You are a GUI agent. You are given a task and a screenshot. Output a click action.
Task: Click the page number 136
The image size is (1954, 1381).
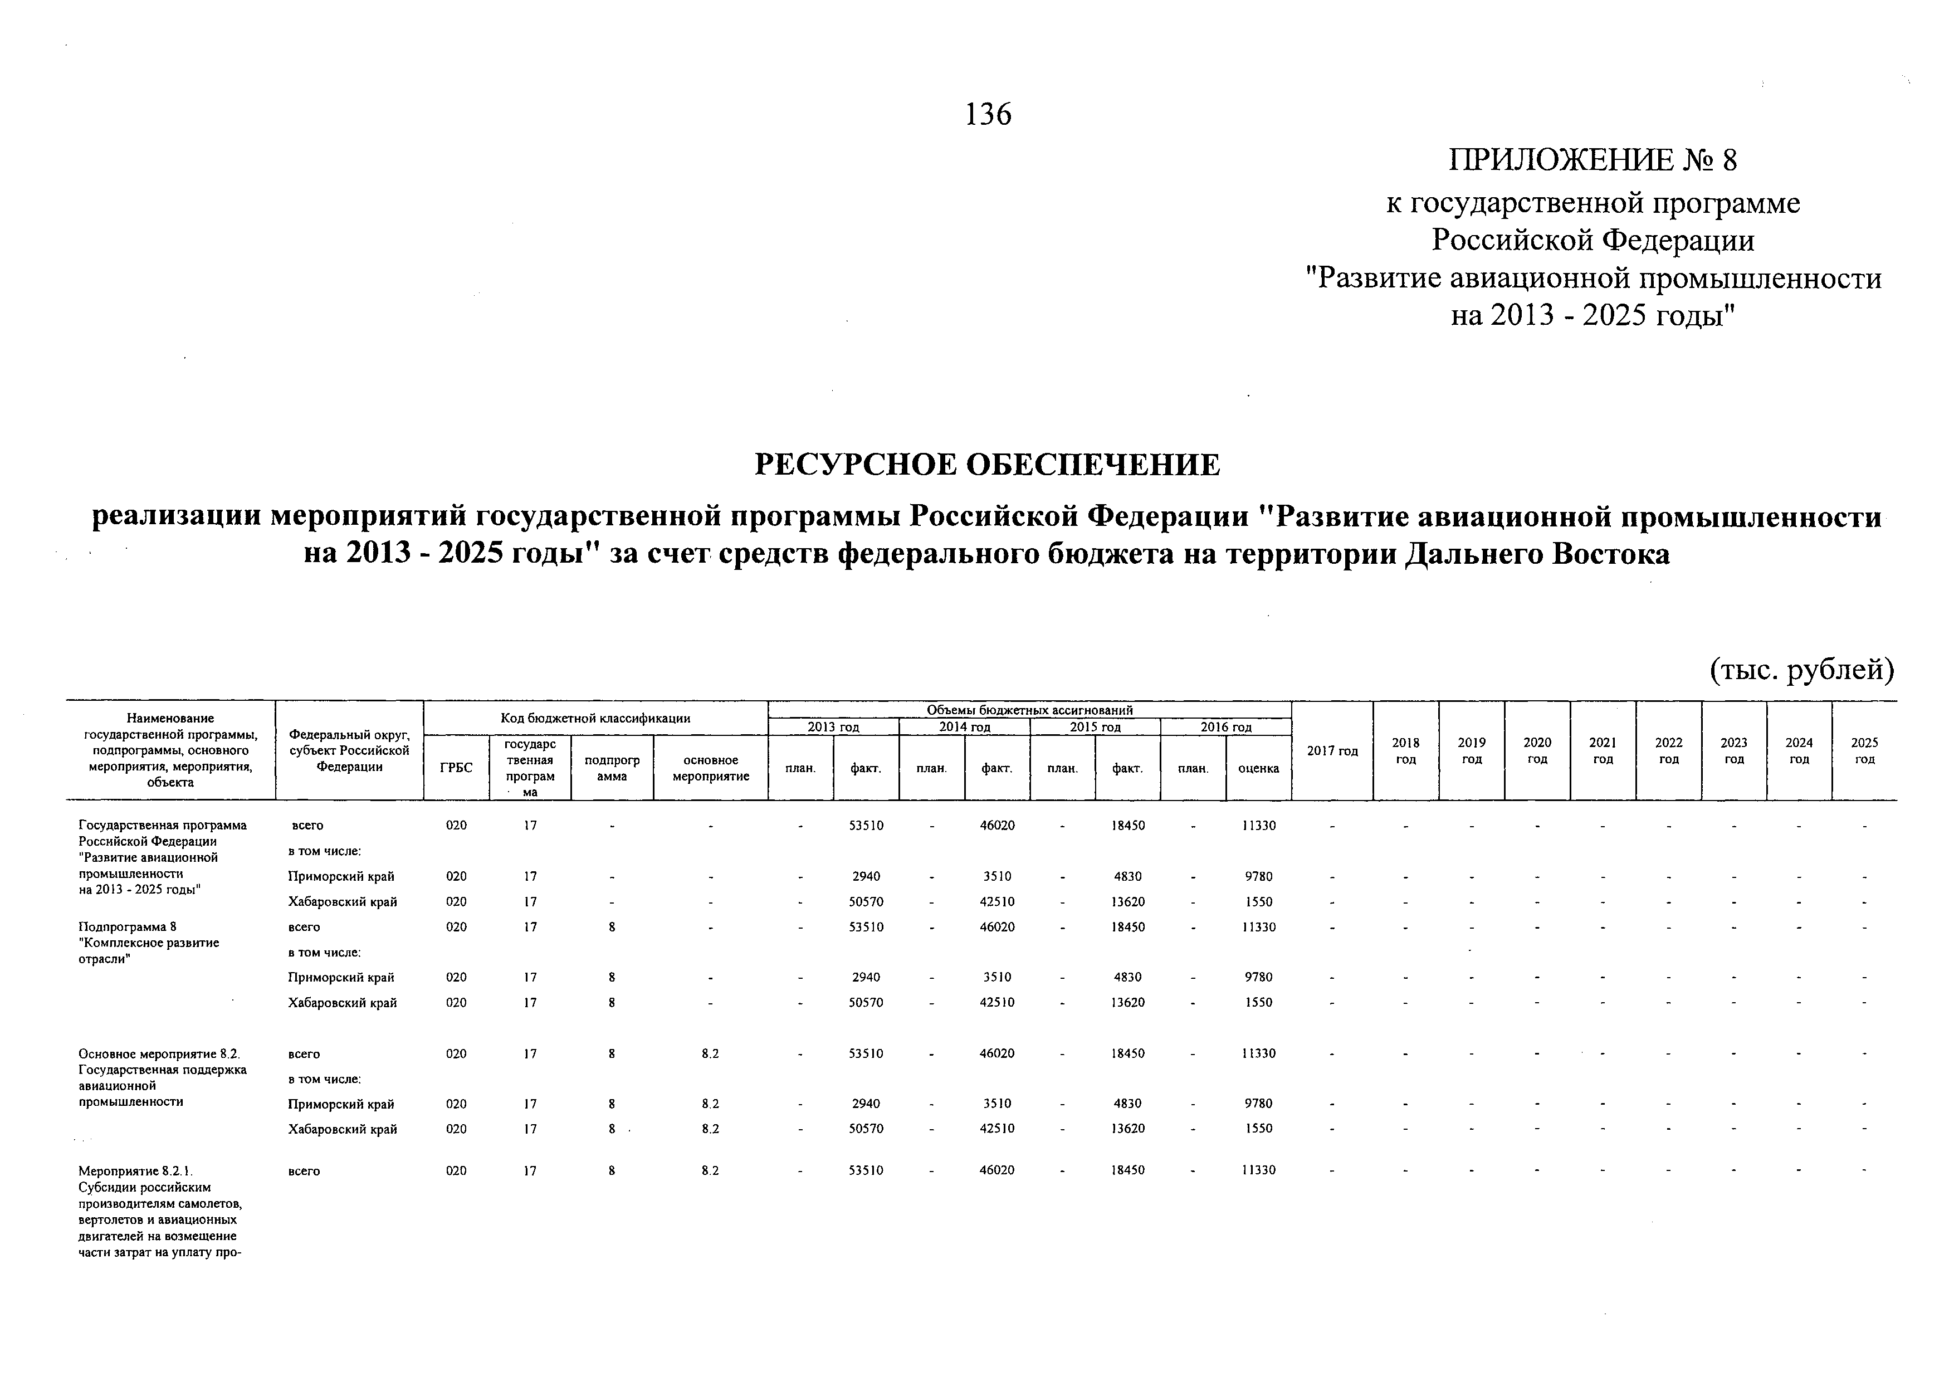click(988, 114)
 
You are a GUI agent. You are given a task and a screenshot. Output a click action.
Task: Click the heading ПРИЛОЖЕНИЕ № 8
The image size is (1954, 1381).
click(1592, 160)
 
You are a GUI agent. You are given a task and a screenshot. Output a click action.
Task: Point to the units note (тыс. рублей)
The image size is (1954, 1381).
click(1802, 671)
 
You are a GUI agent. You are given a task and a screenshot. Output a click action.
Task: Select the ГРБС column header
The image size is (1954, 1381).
click(456, 768)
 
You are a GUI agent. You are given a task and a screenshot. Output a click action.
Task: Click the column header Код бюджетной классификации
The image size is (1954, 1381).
click(596, 718)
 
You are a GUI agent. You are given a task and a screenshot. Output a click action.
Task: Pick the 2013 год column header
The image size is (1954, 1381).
click(833, 728)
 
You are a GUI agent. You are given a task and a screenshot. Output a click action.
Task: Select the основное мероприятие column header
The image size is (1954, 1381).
click(711, 768)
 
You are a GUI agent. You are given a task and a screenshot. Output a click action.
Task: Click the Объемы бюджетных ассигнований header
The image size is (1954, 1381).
click(1030, 710)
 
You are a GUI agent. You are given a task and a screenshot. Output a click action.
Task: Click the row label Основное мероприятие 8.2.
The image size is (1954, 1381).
click(159, 1053)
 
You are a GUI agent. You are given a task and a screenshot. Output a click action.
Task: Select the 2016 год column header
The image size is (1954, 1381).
click(1225, 728)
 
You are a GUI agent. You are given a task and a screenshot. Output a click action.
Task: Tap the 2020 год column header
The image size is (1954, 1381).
click(1537, 750)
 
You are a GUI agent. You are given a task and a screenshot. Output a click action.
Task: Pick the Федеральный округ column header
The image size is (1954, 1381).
click(349, 750)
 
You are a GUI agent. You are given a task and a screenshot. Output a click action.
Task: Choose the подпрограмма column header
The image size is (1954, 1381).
click(612, 768)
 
